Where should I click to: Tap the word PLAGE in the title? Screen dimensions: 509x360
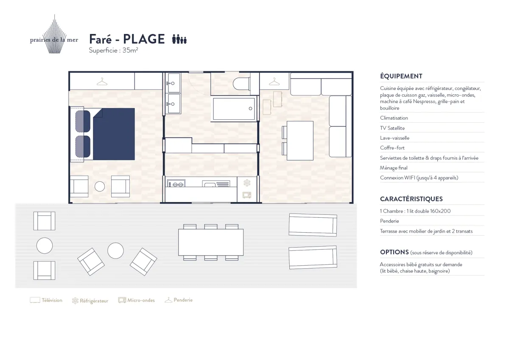click(x=144, y=39)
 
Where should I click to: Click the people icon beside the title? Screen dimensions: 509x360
click(x=179, y=39)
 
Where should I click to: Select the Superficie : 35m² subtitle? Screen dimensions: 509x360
click(x=113, y=50)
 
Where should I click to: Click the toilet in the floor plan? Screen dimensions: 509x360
click(x=241, y=84)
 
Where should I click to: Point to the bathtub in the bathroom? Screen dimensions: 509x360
click(x=234, y=109)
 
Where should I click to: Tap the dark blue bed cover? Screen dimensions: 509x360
click(x=114, y=134)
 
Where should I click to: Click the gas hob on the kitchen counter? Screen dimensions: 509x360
click(x=176, y=183)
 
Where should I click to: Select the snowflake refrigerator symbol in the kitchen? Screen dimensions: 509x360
click(x=247, y=183)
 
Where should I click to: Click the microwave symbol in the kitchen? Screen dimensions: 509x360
click(x=247, y=195)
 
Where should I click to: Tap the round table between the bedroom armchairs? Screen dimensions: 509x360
click(x=100, y=186)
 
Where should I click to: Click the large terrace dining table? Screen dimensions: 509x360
click(x=211, y=242)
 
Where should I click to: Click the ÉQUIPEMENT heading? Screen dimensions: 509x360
click(x=401, y=76)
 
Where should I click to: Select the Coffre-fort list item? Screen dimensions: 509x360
click(x=392, y=148)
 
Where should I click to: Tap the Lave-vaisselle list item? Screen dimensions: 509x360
click(x=394, y=138)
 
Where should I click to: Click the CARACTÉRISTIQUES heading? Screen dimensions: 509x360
click(x=411, y=199)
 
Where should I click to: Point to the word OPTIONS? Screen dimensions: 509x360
click(x=394, y=252)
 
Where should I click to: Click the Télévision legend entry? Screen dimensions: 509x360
click(x=46, y=300)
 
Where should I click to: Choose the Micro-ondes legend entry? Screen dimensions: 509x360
click(x=137, y=300)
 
